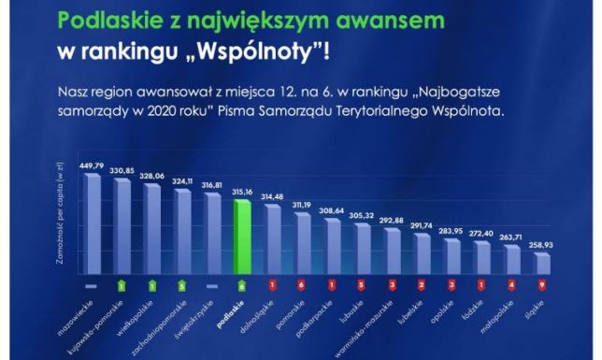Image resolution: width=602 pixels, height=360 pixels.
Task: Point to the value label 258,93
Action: click(x=543, y=244)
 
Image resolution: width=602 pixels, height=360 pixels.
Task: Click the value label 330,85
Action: click(x=122, y=171)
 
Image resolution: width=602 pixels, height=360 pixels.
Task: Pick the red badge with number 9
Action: click(x=543, y=283)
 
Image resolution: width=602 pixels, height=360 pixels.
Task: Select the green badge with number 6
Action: click(x=243, y=283)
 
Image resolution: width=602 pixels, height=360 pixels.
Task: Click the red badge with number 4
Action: click(x=512, y=283)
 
